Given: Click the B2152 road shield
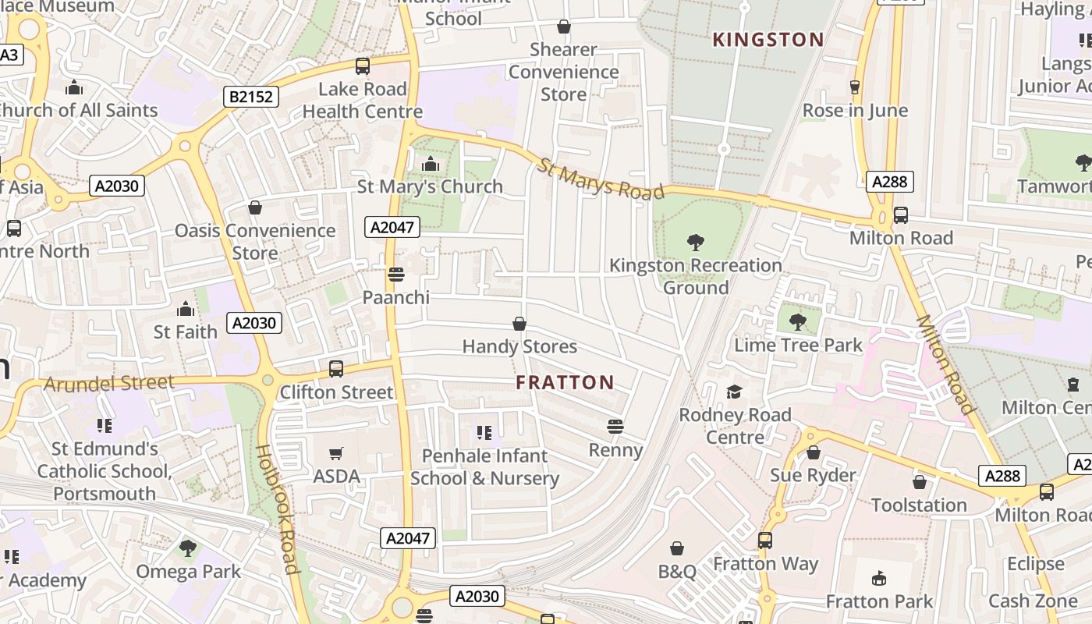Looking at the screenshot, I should (x=251, y=97).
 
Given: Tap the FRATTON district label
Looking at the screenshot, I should (x=565, y=382).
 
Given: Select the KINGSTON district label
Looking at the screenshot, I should (x=768, y=40).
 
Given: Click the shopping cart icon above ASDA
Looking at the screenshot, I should (x=336, y=453).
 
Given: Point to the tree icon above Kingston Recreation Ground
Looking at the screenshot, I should (x=695, y=243).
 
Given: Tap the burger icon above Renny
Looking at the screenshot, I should (x=615, y=427).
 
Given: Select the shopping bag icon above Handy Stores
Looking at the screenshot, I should (x=519, y=324).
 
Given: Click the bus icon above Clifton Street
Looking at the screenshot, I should (x=336, y=368).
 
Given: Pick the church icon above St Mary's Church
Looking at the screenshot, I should (x=430, y=164).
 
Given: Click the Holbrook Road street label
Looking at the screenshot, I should (x=277, y=509).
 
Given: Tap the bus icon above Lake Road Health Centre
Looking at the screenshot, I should (x=363, y=66).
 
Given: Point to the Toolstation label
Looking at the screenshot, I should (x=919, y=505).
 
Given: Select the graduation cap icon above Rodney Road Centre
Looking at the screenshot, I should (x=734, y=392).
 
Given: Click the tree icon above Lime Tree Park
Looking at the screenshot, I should (x=798, y=321).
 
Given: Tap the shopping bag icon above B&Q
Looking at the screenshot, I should (x=676, y=548).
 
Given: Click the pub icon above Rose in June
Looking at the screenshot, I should (x=855, y=87).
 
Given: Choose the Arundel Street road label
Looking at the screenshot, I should (x=109, y=384).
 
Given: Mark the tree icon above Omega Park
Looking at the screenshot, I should (x=187, y=548).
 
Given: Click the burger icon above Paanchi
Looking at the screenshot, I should (x=395, y=275).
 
